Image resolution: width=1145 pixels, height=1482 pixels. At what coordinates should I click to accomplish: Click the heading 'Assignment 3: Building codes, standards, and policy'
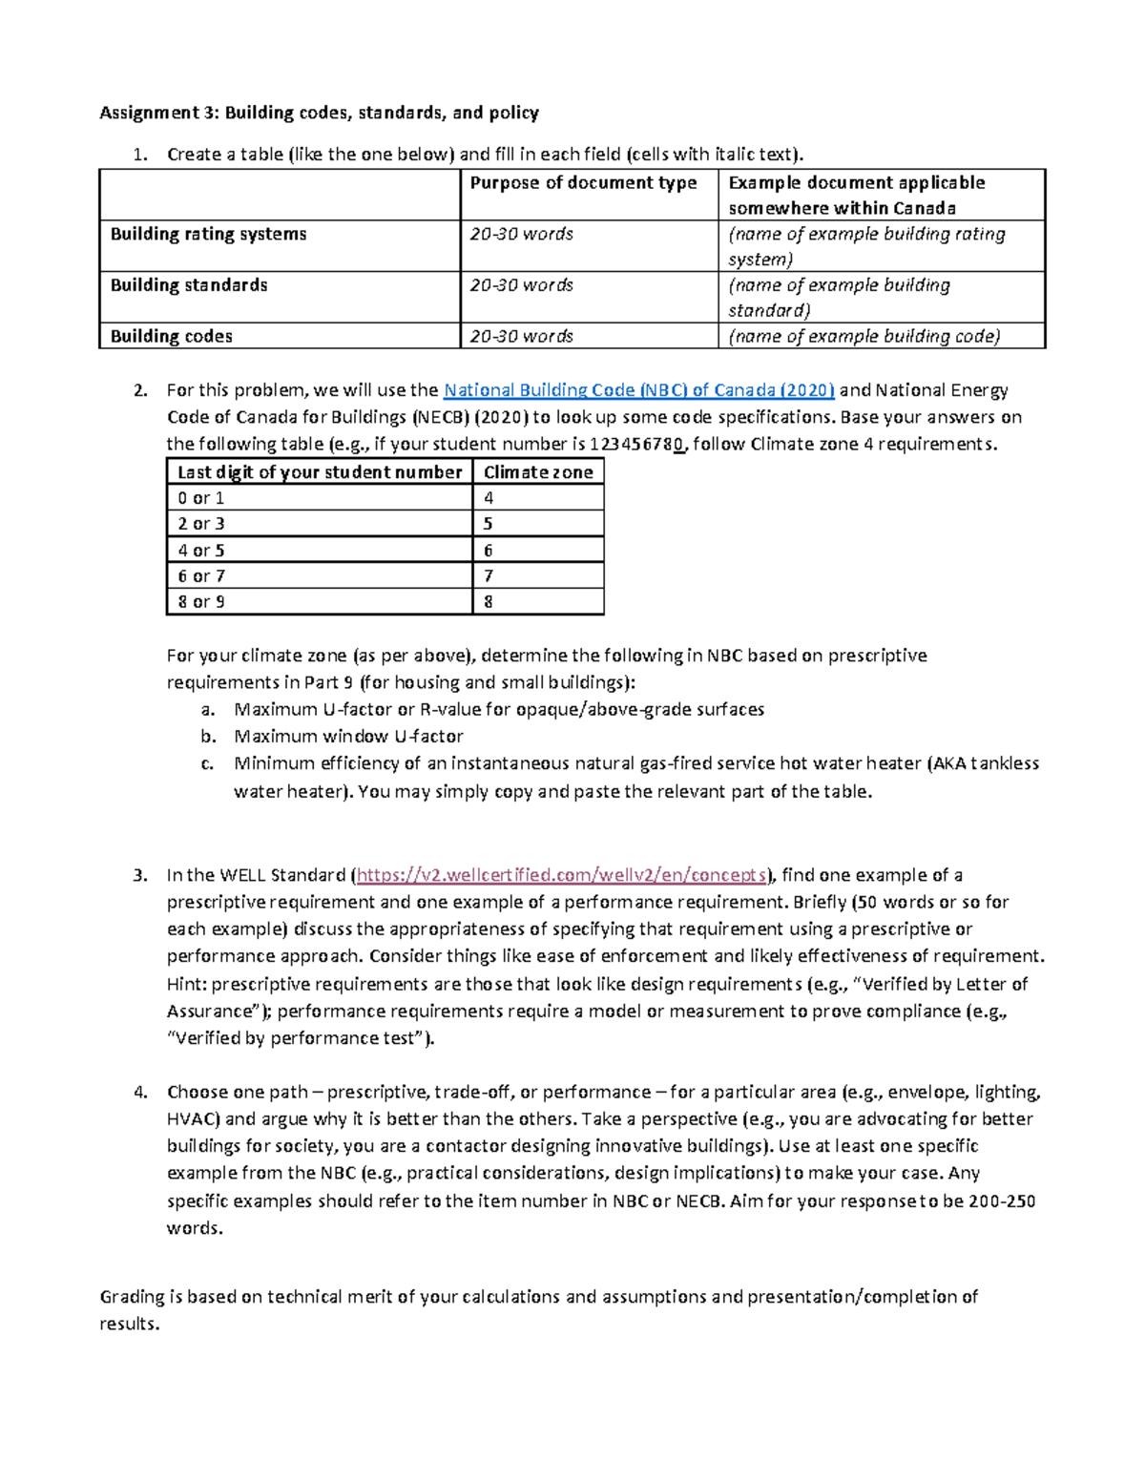(x=319, y=113)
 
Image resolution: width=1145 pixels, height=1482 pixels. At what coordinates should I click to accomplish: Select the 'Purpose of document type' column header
(x=583, y=182)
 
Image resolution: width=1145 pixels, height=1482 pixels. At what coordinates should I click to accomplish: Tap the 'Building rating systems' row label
(x=208, y=234)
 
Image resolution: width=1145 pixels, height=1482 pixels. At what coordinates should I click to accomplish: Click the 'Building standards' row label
(x=189, y=284)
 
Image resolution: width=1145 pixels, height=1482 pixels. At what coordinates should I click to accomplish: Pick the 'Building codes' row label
(x=171, y=336)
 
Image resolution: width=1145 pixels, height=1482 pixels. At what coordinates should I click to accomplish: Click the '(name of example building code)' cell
(x=864, y=336)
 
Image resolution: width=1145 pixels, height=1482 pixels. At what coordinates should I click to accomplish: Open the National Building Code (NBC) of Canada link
(x=638, y=389)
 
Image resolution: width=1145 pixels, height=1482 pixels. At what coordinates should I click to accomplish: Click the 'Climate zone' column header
(x=537, y=471)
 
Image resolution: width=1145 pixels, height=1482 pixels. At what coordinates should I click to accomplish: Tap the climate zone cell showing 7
(x=489, y=575)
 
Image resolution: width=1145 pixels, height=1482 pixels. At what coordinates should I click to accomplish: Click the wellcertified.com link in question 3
(x=561, y=875)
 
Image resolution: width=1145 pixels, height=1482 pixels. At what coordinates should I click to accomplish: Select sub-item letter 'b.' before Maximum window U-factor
(x=209, y=736)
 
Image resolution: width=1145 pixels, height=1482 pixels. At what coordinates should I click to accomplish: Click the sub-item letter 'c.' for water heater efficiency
(x=208, y=763)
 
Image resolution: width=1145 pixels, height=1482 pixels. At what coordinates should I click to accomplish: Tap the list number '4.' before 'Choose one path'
(x=140, y=1092)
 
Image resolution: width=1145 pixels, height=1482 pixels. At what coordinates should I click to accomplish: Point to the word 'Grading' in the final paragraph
(x=132, y=1296)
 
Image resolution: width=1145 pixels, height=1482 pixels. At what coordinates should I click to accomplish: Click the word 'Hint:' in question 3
(x=187, y=984)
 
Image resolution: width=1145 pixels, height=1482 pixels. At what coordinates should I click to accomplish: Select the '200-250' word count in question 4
(x=1001, y=1200)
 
